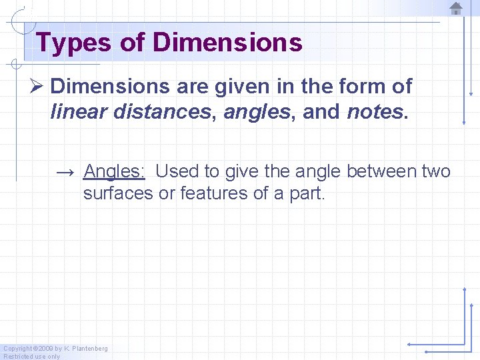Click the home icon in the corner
click(456, 9)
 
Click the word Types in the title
click(73, 43)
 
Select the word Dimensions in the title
click(227, 43)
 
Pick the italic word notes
click(375, 112)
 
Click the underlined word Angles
click(114, 171)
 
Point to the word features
click(225, 195)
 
